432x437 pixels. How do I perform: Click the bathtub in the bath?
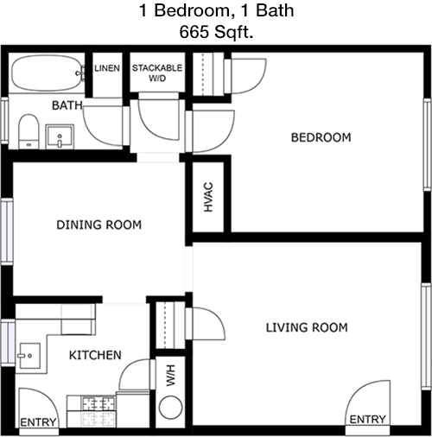tap(47, 73)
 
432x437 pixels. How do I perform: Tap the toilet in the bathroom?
tap(29, 131)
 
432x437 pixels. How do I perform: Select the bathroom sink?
tap(60, 136)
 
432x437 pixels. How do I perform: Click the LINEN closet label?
tap(107, 68)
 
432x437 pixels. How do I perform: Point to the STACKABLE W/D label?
tap(157, 73)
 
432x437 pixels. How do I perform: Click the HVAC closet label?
tap(208, 197)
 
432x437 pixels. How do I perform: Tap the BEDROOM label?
tap(321, 137)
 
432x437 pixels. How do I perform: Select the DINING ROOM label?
tap(99, 225)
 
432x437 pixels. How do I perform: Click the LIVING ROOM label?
tap(307, 327)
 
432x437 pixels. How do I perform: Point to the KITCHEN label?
tap(95, 355)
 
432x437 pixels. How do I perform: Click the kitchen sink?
tap(29, 356)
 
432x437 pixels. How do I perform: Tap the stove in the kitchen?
tap(92, 411)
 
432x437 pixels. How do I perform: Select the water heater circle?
tap(170, 408)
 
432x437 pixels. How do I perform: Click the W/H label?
tap(170, 376)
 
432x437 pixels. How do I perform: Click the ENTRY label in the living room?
tap(367, 420)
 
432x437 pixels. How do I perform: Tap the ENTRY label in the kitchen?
tap(38, 422)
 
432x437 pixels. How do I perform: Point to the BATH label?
tap(67, 105)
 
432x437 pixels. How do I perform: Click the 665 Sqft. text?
tap(216, 32)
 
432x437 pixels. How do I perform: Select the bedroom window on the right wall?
tap(427, 144)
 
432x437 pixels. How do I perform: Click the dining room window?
tap(7, 231)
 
